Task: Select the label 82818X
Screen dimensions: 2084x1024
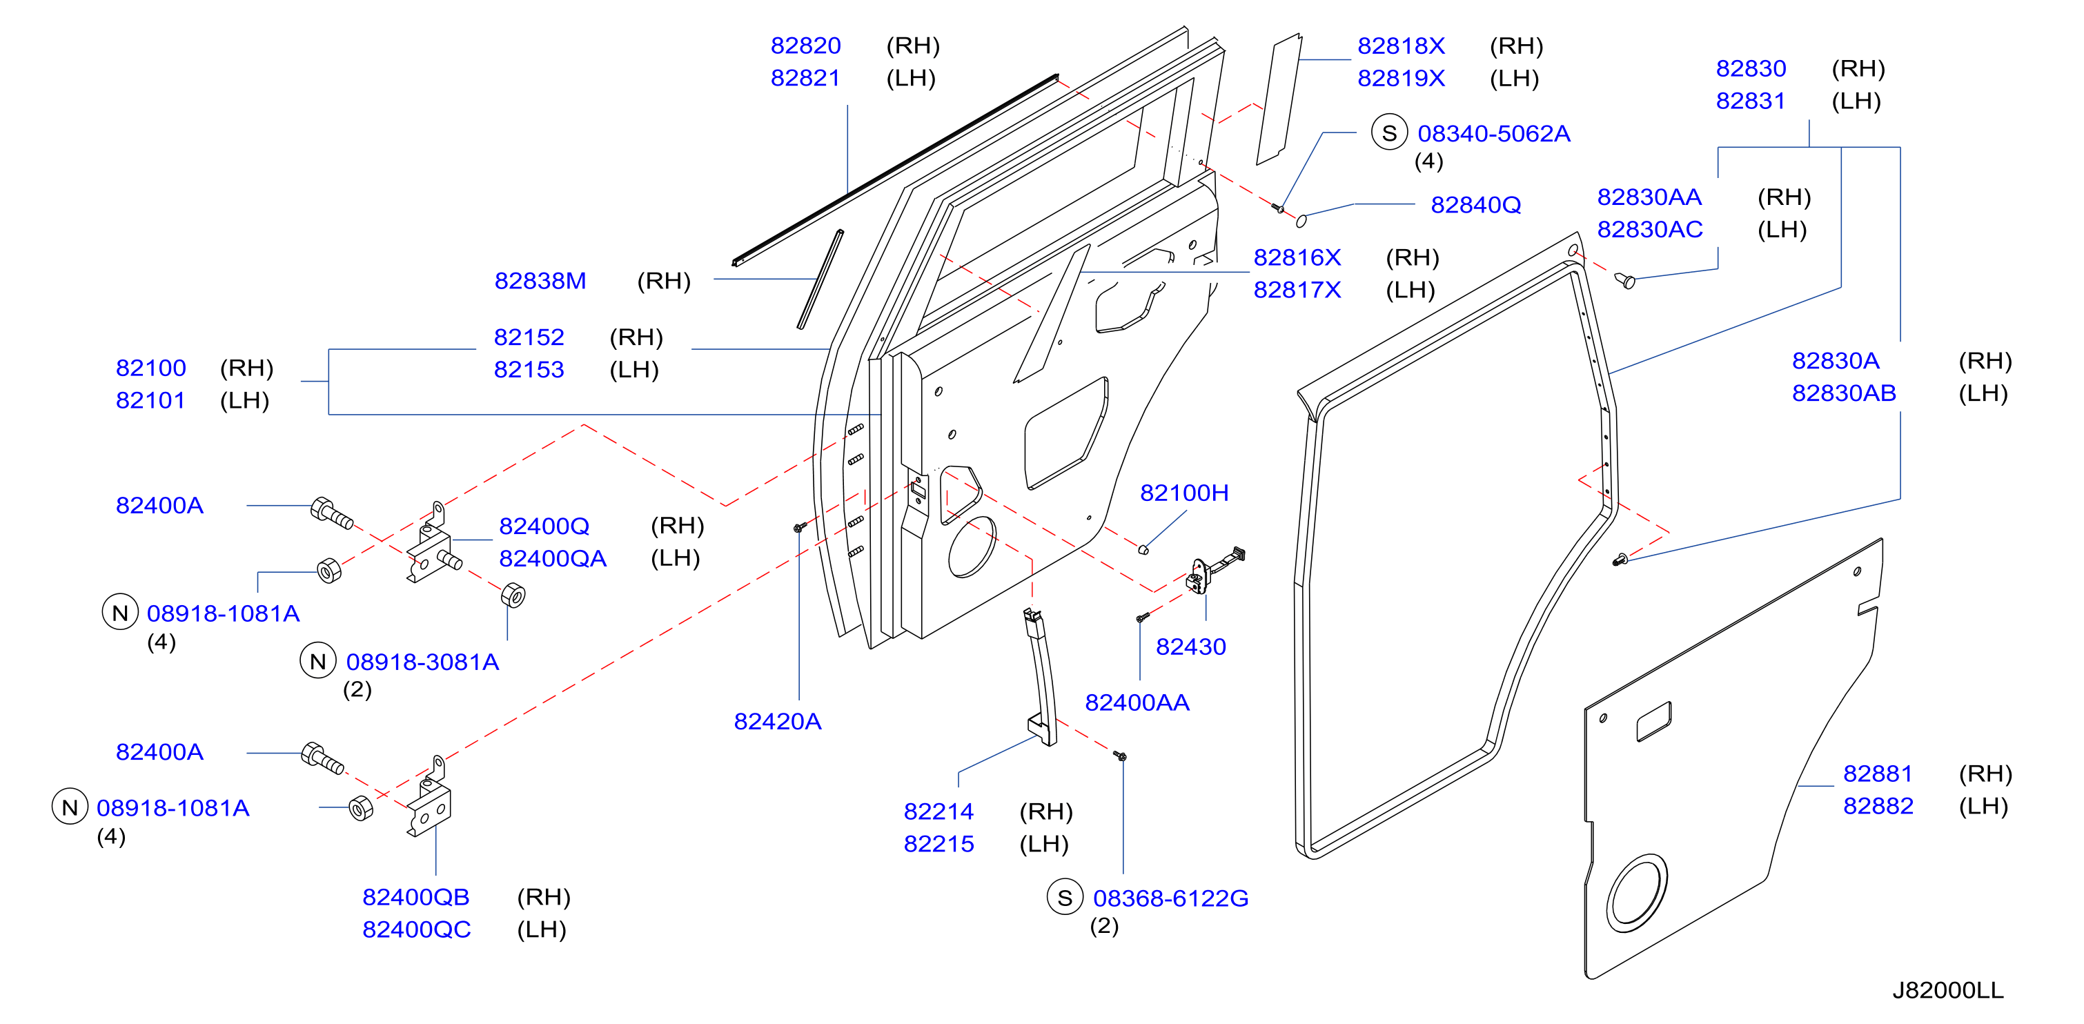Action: click(x=1400, y=46)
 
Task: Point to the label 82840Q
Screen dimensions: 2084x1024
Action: click(x=1475, y=205)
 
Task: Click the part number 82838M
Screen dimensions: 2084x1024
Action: click(x=540, y=281)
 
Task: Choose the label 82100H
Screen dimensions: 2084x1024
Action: click(x=1183, y=493)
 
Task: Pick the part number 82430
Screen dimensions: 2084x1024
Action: click(x=1190, y=647)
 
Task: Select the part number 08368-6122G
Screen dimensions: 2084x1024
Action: click(x=1170, y=898)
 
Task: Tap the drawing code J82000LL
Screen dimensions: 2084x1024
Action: click(x=1947, y=990)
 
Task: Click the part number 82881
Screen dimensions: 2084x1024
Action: click(x=1877, y=774)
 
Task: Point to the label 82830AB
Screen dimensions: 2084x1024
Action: click(x=1843, y=393)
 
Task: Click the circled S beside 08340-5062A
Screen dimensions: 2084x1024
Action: click(x=1389, y=132)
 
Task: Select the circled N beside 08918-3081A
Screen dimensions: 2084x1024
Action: click(x=317, y=661)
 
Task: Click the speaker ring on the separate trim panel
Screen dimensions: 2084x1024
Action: click(x=1638, y=893)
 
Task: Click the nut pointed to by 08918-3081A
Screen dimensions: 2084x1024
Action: click(x=513, y=595)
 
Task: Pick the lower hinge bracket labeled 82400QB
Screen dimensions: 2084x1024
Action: click(x=429, y=798)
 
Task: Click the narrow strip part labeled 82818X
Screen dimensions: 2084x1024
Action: click(x=1278, y=99)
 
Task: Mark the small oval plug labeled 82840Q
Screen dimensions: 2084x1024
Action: click(x=1301, y=220)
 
